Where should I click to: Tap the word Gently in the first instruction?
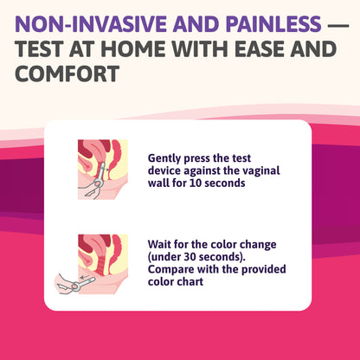[164, 159]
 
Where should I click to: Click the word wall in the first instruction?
[162, 183]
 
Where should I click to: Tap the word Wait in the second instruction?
[160, 245]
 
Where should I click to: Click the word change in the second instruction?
[250, 245]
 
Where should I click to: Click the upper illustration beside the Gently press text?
[102, 170]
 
